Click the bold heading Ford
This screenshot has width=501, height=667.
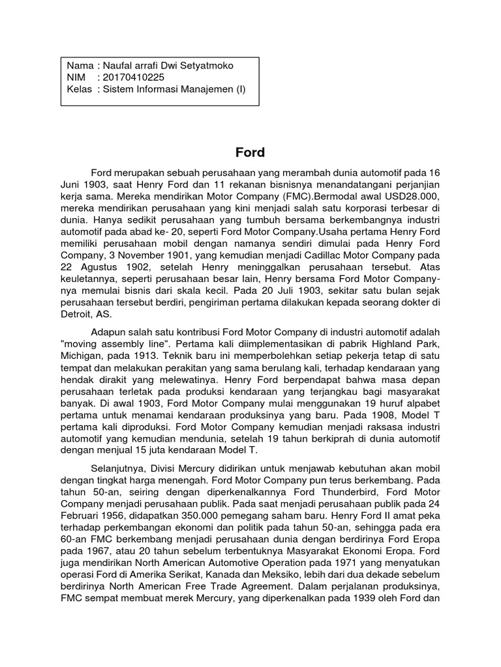pyautogui.click(x=250, y=153)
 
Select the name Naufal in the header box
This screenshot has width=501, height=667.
pyautogui.click(x=119, y=66)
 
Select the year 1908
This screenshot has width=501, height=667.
pyautogui.click(x=361, y=415)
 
